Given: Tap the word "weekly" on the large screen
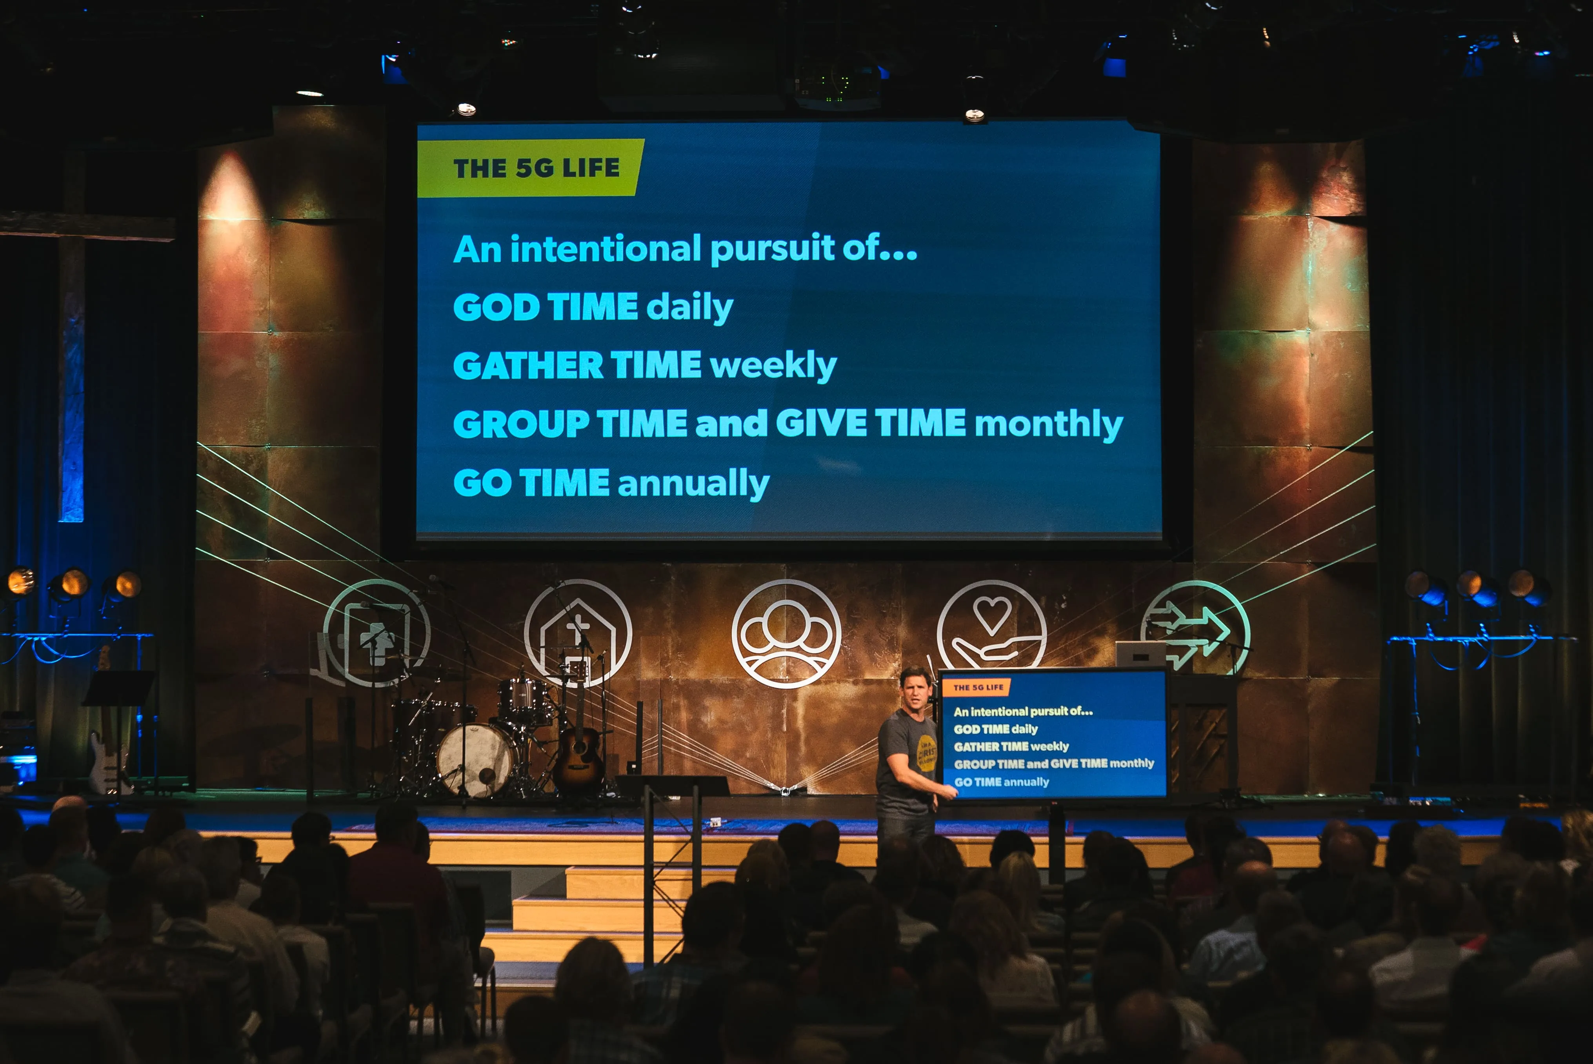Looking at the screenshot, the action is tap(773, 366).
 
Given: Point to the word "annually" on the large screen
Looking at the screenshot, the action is tap(693, 484).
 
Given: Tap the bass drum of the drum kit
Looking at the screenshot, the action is tap(476, 759).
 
